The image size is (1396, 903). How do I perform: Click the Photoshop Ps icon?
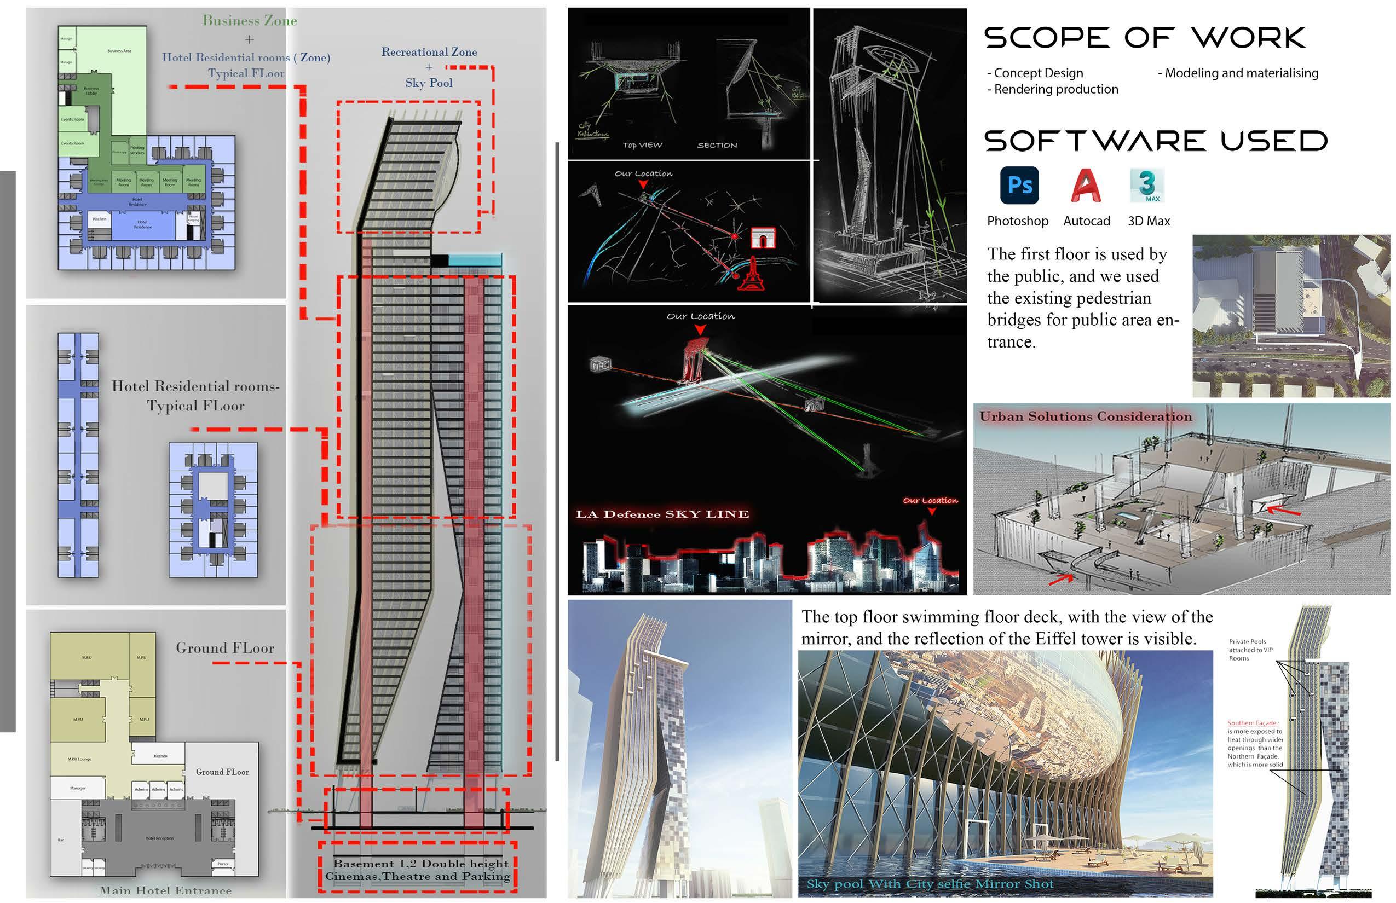pyautogui.click(x=1019, y=186)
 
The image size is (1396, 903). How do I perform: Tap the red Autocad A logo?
pyautogui.click(x=1086, y=186)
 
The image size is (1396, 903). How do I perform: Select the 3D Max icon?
pyautogui.click(x=1147, y=186)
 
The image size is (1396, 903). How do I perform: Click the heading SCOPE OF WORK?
pyautogui.click(x=1144, y=38)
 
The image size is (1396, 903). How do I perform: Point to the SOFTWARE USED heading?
pyautogui.click(x=1156, y=141)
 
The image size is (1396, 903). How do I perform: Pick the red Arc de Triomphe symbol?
pyautogui.click(x=763, y=238)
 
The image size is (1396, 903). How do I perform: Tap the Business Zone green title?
pyautogui.click(x=250, y=21)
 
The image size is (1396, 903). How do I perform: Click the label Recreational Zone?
pyautogui.click(x=429, y=52)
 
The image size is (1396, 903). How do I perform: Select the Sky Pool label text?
pyautogui.click(x=429, y=83)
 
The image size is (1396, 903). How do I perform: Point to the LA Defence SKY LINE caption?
pyautogui.click(x=662, y=514)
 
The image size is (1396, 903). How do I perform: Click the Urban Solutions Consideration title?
pyautogui.click(x=1085, y=416)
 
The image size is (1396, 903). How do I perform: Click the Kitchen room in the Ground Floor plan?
pyautogui.click(x=160, y=756)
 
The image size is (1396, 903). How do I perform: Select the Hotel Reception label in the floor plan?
pyautogui.click(x=159, y=838)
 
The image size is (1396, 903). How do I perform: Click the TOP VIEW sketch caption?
pyautogui.click(x=642, y=145)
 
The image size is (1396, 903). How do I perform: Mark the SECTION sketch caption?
pyautogui.click(x=717, y=145)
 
